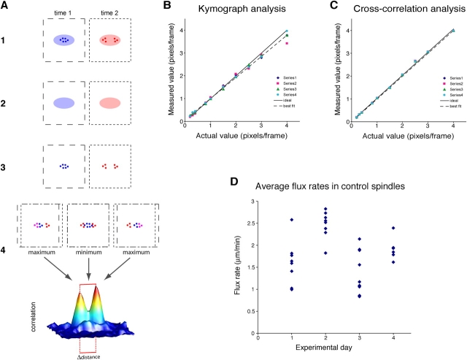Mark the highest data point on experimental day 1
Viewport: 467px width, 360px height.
tap(292, 220)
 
